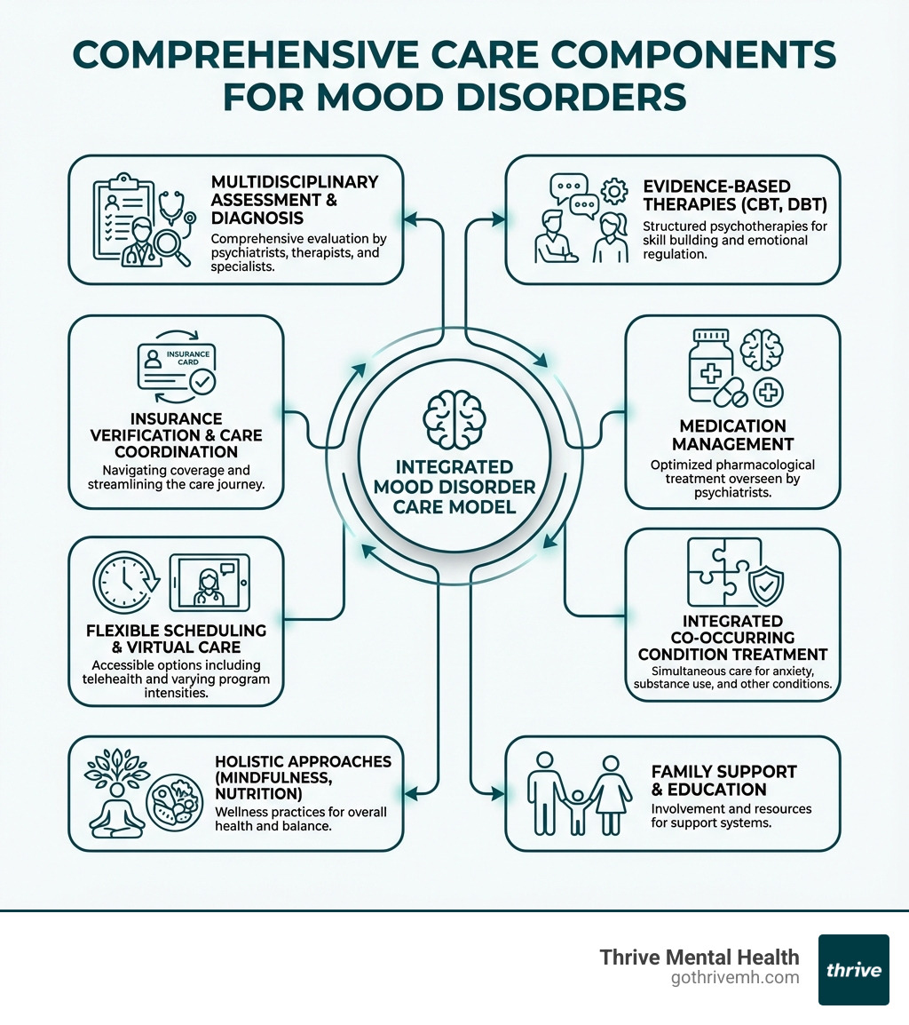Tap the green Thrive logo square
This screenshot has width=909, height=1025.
click(853, 969)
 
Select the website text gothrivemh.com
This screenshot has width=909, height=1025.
click(736, 978)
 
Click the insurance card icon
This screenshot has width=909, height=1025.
click(176, 366)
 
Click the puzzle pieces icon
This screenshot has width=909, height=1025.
click(717, 572)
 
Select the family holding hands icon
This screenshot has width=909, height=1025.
click(574, 794)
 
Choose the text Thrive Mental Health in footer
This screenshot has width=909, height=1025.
click(700, 957)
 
